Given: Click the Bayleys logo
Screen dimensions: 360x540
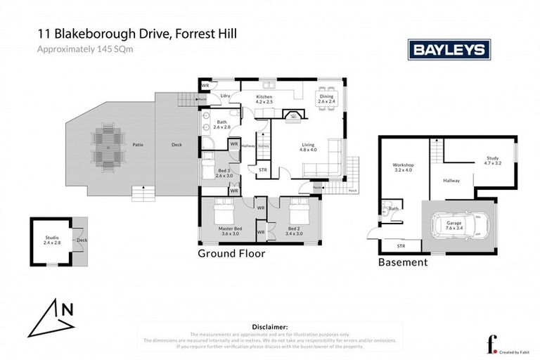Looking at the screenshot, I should coord(449,50).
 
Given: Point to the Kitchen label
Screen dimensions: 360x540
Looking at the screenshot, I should coord(264,98).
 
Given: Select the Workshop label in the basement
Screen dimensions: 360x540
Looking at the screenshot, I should coord(404,168).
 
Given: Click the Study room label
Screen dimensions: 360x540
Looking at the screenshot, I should coord(492,161).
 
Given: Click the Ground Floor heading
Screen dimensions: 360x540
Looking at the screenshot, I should coord(231,254).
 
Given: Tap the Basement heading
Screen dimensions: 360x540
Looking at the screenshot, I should coord(403,262).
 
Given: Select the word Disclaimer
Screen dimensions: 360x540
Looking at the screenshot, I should coord(269,327).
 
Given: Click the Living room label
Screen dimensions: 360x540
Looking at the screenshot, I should coord(309,147).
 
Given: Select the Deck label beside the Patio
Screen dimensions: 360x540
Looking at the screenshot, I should coord(176,146).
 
